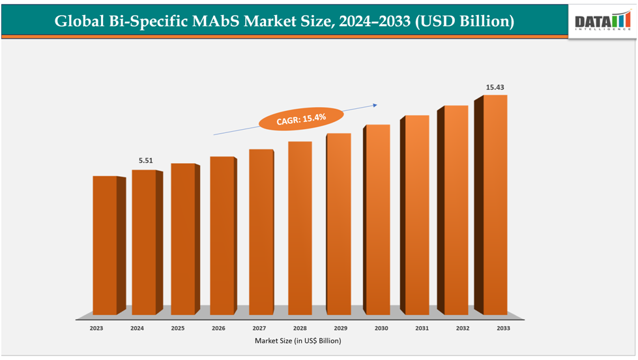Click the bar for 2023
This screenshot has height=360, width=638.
tap(105, 245)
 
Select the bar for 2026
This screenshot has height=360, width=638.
tap(222, 235)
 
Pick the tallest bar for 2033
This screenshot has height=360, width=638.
tap(495, 205)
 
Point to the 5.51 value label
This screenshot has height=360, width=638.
tap(144, 160)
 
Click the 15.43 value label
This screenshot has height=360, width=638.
tap(495, 87)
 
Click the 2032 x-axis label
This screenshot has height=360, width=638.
tap(461, 329)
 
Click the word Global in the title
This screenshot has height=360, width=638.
tap(78, 22)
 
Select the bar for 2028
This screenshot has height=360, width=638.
tap(299, 228)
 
